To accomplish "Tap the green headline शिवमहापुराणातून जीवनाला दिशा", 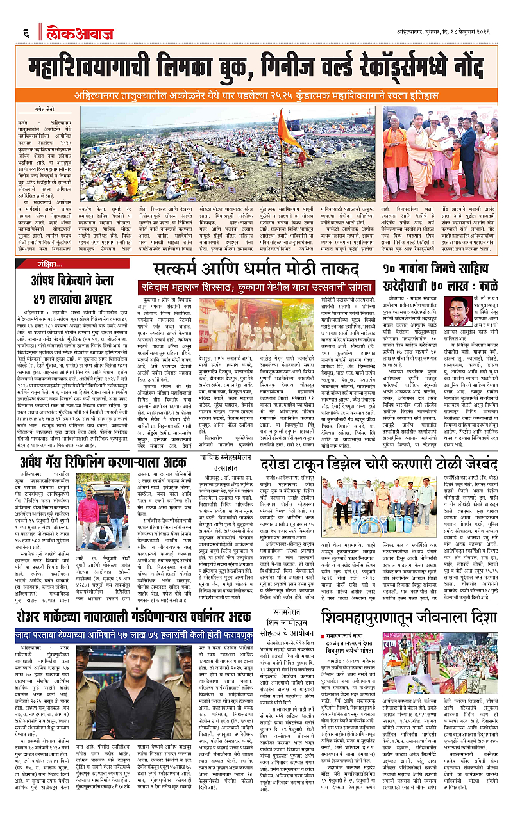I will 397,617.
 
